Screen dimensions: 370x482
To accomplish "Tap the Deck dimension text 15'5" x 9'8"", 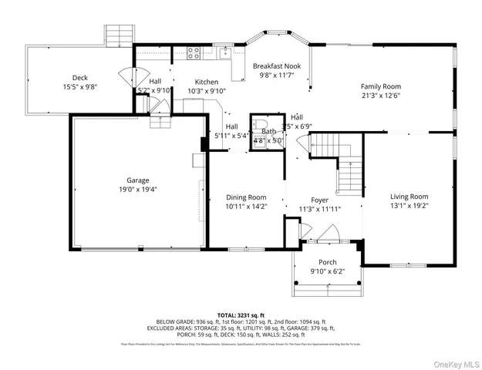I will click(79, 87).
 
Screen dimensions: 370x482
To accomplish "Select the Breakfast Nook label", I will click(276, 66).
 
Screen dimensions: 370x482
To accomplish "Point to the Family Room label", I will click(382, 86).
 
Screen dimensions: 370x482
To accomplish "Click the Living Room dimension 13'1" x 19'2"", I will click(408, 206).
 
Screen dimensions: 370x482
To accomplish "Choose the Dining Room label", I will click(246, 197).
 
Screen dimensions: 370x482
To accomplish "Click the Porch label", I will click(328, 261).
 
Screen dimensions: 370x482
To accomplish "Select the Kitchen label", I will click(206, 82).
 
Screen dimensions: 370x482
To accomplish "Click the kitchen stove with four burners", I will click(193, 53).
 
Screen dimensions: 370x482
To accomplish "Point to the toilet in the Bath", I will click(261, 126).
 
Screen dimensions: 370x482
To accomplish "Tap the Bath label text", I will click(268, 132).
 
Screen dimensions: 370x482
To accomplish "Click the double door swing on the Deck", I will click(127, 78).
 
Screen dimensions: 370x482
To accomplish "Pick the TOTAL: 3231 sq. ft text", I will click(241, 314).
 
